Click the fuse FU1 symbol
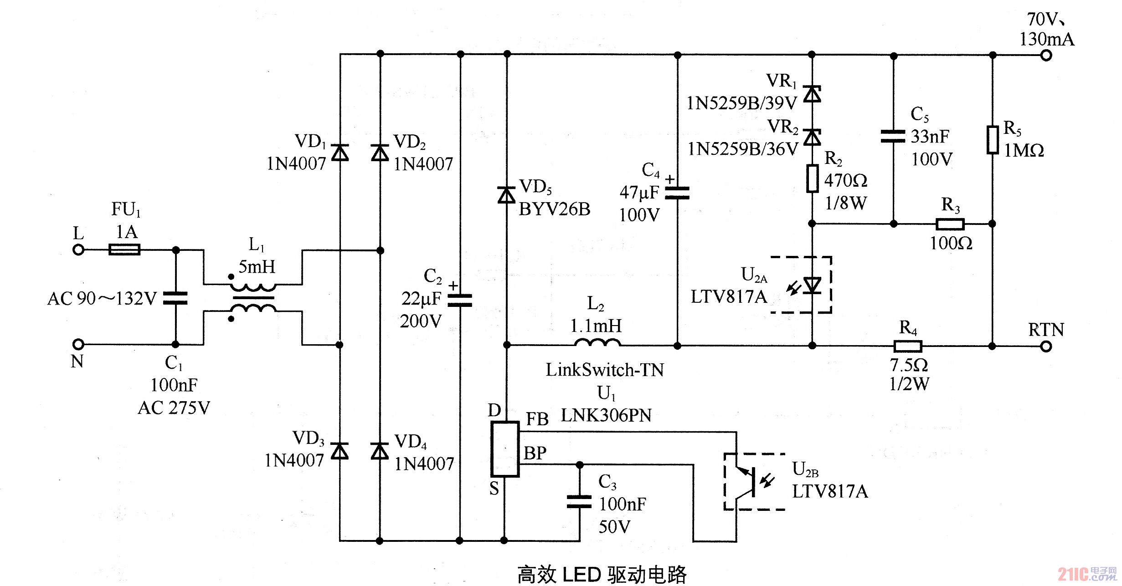click(124, 250)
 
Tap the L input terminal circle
click(78, 250)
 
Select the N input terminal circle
click(78, 344)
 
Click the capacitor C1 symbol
click(175, 298)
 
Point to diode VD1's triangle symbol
click(340, 153)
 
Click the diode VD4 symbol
click(380, 451)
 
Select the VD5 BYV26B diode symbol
click(506, 195)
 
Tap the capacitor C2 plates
click(460, 301)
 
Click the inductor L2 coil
click(597, 342)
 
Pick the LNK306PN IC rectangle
click(504, 449)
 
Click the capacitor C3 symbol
click(579, 502)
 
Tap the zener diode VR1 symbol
click(812, 94)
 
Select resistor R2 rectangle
click(812, 179)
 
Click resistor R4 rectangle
click(908, 347)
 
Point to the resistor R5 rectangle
click(993, 140)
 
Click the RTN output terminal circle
click(1046, 347)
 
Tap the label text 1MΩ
click(1024, 151)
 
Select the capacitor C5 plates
click(893, 136)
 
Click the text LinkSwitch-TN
click(605, 370)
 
